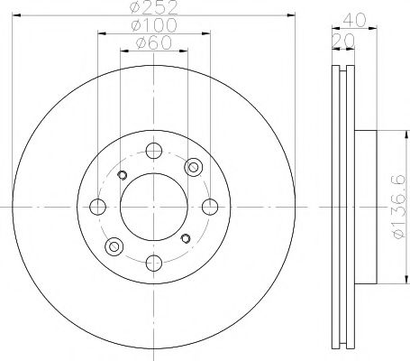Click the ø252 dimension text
(152, 10)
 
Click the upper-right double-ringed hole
(192, 167)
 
